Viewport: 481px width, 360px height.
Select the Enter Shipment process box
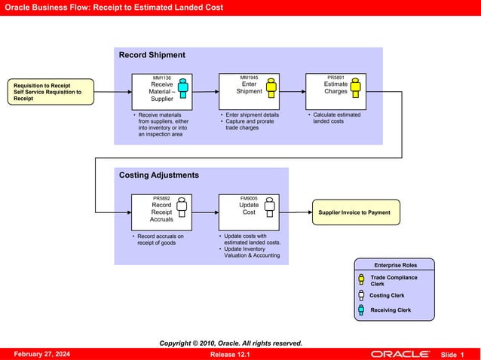pyautogui.click(x=249, y=91)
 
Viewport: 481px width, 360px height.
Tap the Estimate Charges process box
pyautogui.click(x=335, y=91)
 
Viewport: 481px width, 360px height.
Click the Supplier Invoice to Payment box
pyautogui.click(x=355, y=212)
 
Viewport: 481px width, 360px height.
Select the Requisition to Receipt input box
pyautogui.click(x=51, y=92)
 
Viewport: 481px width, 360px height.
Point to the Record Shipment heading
pyautogui.click(x=152, y=55)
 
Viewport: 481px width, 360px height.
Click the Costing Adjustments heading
pyautogui.click(x=159, y=175)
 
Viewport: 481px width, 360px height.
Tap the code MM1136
pyautogui.click(x=161, y=78)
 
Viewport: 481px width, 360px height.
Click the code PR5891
pyautogui.click(x=335, y=78)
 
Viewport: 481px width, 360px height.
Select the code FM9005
pyautogui.click(x=249, y=198)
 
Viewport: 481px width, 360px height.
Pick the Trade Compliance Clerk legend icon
pyautogui.click(x=361, y=279)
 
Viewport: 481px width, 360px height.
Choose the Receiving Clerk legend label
pyautogui.click(x=391, y=310)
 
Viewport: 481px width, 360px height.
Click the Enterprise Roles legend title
pyautogui.click(x=395, y=264)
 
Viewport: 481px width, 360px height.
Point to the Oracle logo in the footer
pyautogui.click(x=400, y=354)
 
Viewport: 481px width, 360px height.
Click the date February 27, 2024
pyautogui.click(x=42, y=354)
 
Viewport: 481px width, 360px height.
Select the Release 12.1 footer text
pyautogui.click(x=230, y=354)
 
